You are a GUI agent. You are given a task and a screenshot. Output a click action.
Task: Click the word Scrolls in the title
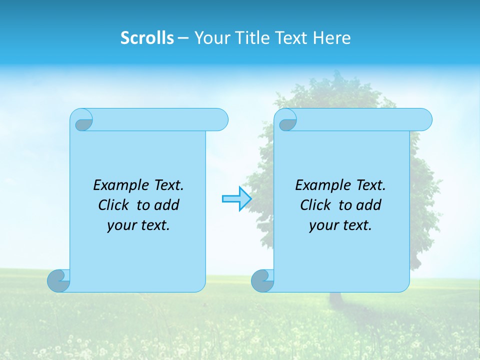click(x=147, y=38)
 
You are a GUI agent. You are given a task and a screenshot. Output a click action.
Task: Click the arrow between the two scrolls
click(x=236, y=199)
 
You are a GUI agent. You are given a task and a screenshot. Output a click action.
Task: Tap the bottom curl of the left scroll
click(x=58, y=280)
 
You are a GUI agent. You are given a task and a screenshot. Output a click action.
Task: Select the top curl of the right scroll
click(x=287, y=120)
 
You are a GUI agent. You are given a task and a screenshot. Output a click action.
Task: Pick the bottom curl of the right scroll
click(x=262, y=280)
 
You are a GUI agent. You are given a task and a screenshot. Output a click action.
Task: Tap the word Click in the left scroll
click(x=114, y=205)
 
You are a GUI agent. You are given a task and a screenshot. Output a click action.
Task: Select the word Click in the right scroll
click(x=315, y=205)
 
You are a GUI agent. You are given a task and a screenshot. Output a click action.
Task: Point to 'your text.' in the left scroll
click(x=138, y=225)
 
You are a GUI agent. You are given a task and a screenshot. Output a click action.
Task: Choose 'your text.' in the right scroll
click(x=340, y=225)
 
